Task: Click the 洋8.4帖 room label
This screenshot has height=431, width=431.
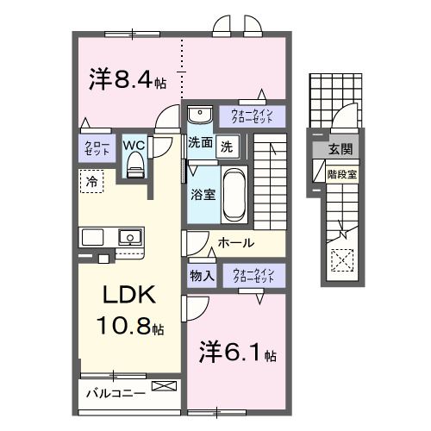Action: click(x=128, y=81)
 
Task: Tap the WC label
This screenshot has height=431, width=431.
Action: click(x=134, y=145)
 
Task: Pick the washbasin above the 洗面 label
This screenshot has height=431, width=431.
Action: click(x=199, y=116)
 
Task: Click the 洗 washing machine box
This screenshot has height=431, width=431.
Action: click(x=226, y=146)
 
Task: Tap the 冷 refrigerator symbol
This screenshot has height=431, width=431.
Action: click(x=91, y=181)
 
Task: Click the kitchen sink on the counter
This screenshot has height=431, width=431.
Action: click(x=130, y=236)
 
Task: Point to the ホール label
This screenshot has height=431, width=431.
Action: click(x=235, y=244)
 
